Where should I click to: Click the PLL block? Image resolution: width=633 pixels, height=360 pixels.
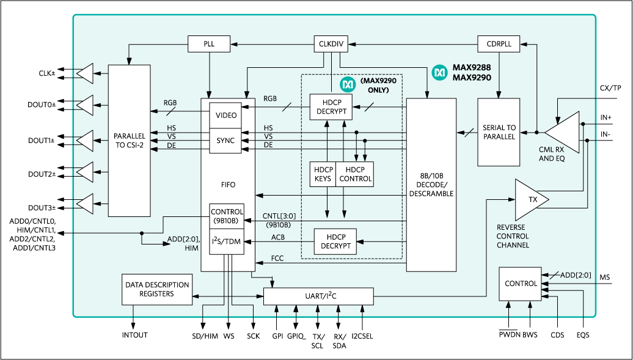click(x=209, y=44)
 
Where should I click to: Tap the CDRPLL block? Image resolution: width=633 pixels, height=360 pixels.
click(x=498, y=44)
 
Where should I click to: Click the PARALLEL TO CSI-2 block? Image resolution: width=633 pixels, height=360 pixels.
click(x=129, y=141)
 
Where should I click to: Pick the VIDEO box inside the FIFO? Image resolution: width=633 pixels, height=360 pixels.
click(x=226, y=115)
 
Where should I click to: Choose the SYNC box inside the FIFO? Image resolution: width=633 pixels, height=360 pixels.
click(x=225, y=141)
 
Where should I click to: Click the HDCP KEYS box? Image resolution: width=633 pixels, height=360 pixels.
click(x=323, y=174)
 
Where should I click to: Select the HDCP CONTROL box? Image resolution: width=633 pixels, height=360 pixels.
click(x=354, y=174)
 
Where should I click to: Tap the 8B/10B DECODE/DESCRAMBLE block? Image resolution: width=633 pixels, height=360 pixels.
click(x=431, y=185)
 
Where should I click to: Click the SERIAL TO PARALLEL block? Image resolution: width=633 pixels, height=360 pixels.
click(x=499, y=132)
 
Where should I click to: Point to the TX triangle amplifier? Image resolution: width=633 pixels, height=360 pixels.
click(x=529, y=200)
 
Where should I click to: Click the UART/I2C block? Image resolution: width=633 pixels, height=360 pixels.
click(x=318, y=296)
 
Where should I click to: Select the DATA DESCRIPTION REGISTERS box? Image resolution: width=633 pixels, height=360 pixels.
click(x=156, y=289)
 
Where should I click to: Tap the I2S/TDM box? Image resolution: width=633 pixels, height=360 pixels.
click(x=227, y=241)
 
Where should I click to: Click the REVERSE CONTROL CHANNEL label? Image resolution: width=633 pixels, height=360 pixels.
click(x=513, y=236)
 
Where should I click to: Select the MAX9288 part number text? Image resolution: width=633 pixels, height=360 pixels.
click(x=472, y=68)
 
